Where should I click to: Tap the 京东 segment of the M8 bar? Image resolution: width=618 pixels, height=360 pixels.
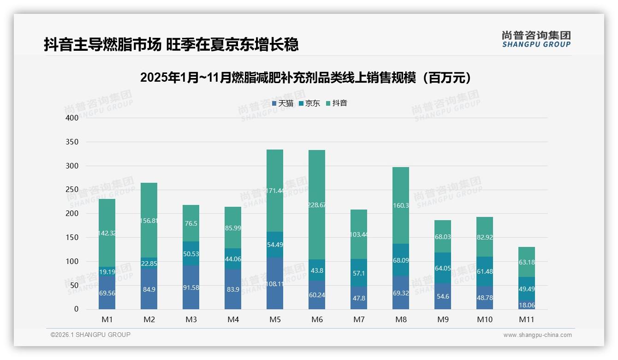[401, 260]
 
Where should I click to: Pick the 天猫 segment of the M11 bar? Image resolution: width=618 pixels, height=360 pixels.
[527, 306]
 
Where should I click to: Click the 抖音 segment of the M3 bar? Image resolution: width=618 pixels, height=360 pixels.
[191, 223]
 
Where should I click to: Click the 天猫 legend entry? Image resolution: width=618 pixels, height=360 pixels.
[283, 103]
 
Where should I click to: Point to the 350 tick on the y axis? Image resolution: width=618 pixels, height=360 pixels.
[72, 142]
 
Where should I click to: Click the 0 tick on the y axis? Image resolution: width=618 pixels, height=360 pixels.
[77, 309]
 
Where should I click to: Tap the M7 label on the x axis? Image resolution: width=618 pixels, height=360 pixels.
[359, 319]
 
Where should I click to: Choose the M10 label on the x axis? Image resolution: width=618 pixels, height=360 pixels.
[485, 319]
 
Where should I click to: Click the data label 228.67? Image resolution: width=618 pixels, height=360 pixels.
[316, 205]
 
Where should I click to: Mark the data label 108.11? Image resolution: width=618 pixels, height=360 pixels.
[275, 284]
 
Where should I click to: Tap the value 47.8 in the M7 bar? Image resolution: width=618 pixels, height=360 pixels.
[359, 298]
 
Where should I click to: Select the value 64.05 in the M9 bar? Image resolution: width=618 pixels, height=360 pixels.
[443, 268]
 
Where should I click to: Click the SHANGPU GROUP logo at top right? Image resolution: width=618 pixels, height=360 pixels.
[536, 39]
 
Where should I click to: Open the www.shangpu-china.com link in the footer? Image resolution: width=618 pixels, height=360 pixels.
[537, 335]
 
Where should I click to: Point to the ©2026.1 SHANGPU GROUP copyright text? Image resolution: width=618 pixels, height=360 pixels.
[90, 335]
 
